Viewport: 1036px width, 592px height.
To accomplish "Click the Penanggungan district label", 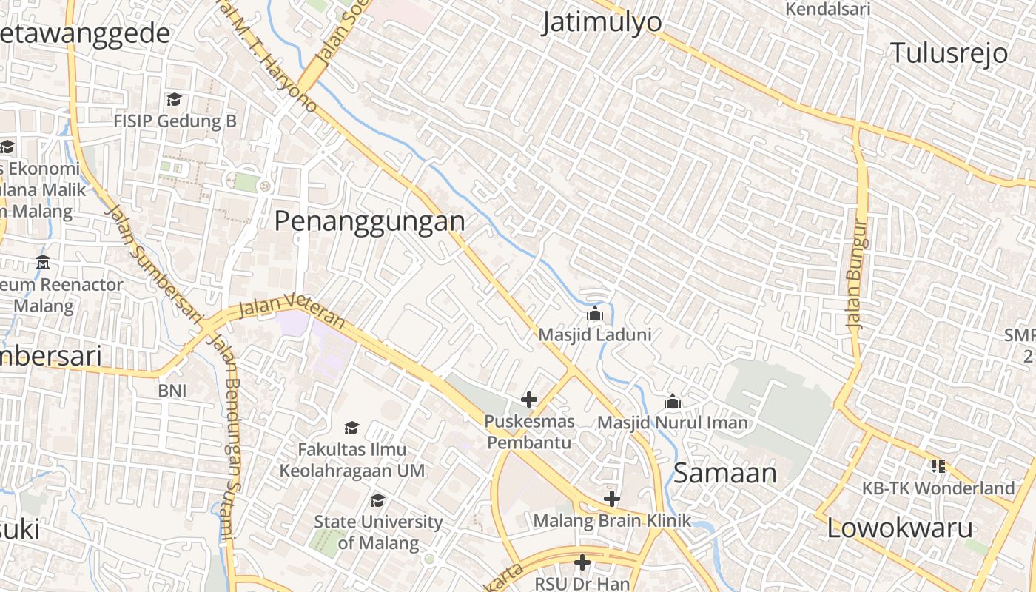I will tap(370, 221).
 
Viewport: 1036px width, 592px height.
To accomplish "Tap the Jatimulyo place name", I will tap(602, 22).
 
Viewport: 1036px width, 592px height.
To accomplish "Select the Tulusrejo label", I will tap(949, 53).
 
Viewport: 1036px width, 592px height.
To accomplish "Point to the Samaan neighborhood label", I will tap(725, 474).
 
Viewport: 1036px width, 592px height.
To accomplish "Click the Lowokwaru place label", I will tap(899, 528).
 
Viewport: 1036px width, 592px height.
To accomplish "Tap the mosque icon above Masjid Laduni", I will tap(594, 314).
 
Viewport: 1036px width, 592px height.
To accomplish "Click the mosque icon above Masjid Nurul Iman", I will tap(673, 402).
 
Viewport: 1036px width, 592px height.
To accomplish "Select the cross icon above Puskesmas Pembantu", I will tap(528, 400).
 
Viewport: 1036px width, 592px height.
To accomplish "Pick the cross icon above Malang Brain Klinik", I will tap(611, 499).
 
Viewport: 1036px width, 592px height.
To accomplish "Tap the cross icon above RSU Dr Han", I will tap(582, 563).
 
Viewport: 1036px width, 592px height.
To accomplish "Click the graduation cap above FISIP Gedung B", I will tap(174, 99).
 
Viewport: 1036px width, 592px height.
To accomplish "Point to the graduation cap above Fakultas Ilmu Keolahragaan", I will tap(351, 428).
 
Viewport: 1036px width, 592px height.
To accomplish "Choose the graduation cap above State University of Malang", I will tap(377, 501).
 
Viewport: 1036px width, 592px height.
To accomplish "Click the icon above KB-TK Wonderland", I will tap(938, 466).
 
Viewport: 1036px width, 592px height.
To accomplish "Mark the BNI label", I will tap(172, 391).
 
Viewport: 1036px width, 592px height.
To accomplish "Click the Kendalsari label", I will tap(827, 9).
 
